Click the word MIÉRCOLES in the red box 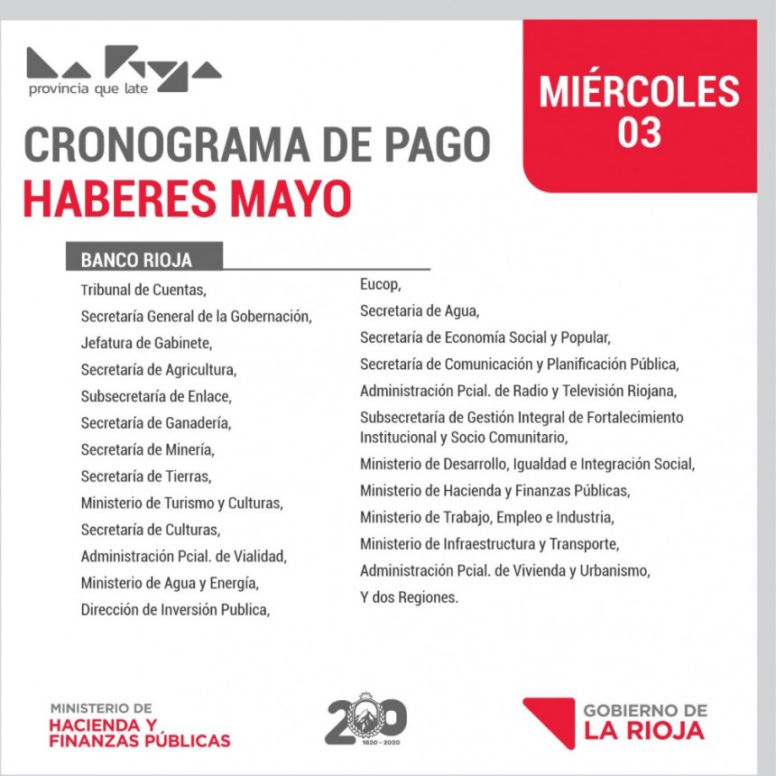pos(639,92)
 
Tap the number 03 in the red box pos(639,132)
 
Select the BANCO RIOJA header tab pos(136,260)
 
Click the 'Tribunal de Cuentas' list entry pos(143,291)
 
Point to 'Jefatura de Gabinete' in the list pos(146,343)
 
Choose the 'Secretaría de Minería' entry pos(147,448)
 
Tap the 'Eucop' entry pos(379,285)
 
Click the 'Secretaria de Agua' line pos(419,311)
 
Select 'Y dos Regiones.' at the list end pos(409,597)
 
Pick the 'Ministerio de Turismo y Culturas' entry pos(181,503)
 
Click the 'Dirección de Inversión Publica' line pos(175,609)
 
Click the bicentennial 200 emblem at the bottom pos(365,719)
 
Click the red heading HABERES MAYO pos(187,199)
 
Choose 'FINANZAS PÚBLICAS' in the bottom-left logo pos(140,741)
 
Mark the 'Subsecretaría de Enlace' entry pos(155,396)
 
